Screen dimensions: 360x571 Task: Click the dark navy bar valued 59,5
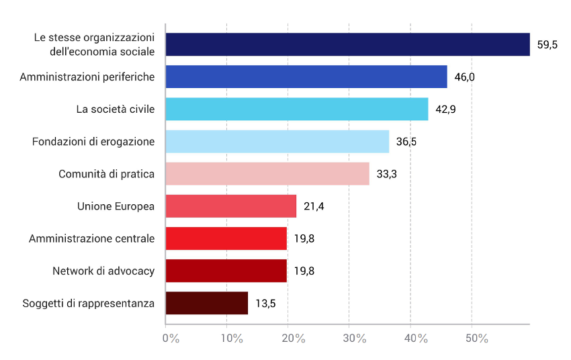(x=347, y=44)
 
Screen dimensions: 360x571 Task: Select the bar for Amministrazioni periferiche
(x=306, y=77)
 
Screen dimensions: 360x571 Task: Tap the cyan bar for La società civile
(x=296, y=109)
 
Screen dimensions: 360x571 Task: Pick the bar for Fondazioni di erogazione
(x=277, y=141)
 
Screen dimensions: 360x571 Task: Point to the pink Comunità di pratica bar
(x=267, y=173)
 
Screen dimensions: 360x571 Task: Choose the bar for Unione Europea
(x=230, y=206)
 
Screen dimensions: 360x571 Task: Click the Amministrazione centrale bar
(x=226, y=238)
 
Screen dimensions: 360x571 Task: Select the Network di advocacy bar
(x=226, y=271)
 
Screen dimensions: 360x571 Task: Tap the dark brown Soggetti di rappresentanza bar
(x=206, y=303)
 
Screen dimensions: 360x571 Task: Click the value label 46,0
(x=465, y=77)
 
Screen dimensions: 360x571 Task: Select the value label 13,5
(x=266, y=304)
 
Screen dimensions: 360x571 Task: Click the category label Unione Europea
(x=116, y=206)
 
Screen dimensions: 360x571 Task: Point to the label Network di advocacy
(x=103, y=271)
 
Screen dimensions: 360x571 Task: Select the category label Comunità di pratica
(x=107, y=174)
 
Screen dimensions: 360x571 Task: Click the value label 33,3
(x=387, y=174)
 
